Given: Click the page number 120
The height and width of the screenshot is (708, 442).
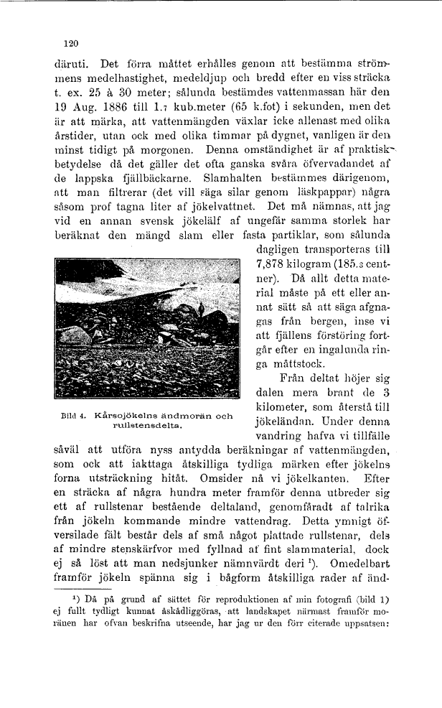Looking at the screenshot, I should pos(70,43).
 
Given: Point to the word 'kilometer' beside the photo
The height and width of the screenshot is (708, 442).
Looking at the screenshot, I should pos(281,406).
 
